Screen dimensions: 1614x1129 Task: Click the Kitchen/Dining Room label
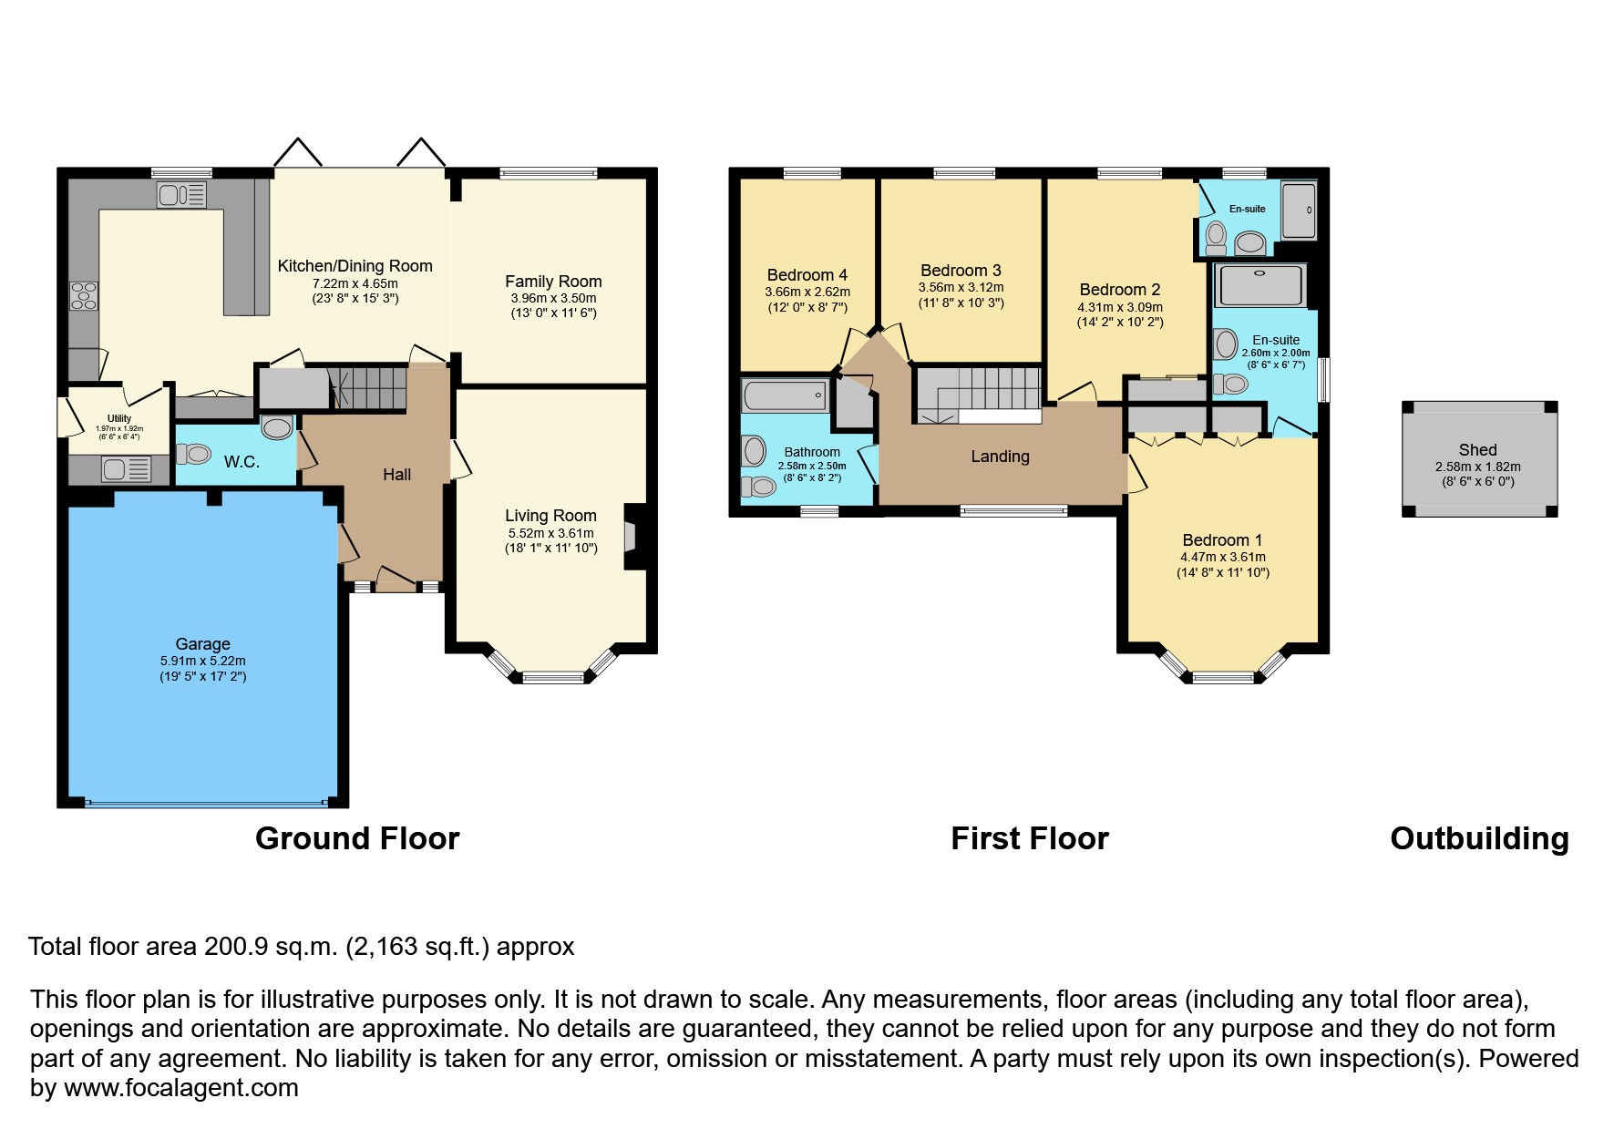[x=355, y=266]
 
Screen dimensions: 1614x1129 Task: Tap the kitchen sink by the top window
[x=182, y=194]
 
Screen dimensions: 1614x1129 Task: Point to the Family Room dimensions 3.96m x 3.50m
[x=553, y=298]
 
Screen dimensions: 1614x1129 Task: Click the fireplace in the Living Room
[x=632, y=536]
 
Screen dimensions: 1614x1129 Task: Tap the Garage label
[x=202, y=644]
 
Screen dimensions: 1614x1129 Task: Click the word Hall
[x=396, y=475]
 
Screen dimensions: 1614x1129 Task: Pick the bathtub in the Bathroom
[x=785, y=396]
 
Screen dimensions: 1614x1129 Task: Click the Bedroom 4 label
[x=807, y=275]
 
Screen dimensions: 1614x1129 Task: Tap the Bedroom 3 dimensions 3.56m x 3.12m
[x=961, y=287]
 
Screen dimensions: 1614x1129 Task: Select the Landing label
[x=1000, y=457]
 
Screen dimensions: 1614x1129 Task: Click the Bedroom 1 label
[x=1222, y=540]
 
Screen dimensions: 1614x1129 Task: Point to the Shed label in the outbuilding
[x=1477, y=450]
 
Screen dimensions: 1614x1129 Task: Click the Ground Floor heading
[x=357, y=838]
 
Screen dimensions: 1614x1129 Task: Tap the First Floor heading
[x=1030, y=838]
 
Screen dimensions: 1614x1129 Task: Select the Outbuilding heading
[x=1479, y=838]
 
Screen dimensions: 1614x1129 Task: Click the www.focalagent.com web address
[x=181, y=1088]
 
